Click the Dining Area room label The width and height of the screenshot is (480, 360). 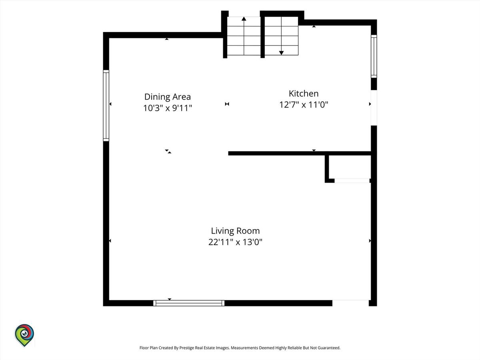[x=168, y=97]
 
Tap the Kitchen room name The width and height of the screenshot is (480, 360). [x=304, y=94]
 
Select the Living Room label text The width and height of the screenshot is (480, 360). [x=235, y=231]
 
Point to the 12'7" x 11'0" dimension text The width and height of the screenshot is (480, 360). [x=304, y=105]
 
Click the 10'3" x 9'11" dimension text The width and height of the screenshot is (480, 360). [x=168, y=108]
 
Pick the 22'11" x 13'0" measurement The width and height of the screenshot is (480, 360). [x=235, y=242]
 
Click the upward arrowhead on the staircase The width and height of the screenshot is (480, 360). [x=244, y=19]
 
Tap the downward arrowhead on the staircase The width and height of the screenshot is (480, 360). [x=282, y=53]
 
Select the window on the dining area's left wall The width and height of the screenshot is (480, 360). [x=106, y=106]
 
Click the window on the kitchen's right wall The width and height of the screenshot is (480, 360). [x=374, y=56]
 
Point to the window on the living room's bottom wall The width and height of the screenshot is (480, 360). [x=189, y=303]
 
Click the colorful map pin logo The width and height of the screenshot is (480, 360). [x=24, y=336]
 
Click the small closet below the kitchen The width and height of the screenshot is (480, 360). [x=350, y=167]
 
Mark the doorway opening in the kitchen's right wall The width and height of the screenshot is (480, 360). [x=374, y=108]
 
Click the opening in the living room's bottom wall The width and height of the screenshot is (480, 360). [x=350, y=303]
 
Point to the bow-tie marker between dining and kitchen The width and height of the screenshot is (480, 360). [x=227, y=104]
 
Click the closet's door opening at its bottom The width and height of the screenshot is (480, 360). [x=352, y=181]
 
